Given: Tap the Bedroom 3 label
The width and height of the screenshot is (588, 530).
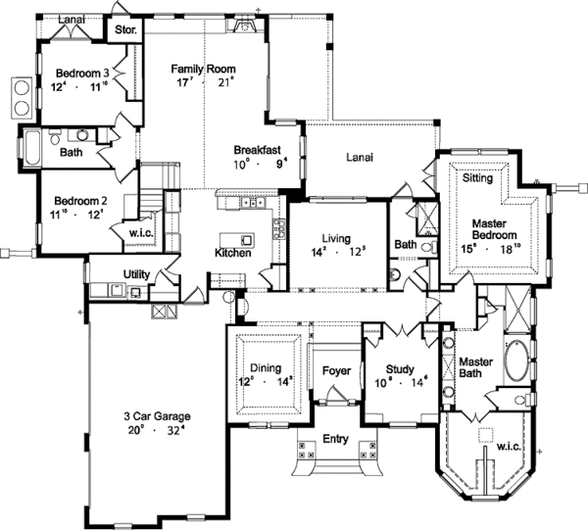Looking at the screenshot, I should [x=81, y=72].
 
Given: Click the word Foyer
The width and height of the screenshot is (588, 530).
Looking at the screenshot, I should [x=335, y=371].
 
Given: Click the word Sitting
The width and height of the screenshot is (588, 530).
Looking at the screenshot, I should [x=477, y=179].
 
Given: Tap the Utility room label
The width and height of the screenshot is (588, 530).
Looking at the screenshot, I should [x=136, y=273].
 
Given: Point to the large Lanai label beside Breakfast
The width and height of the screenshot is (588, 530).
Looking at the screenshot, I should [x=363, y=155].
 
